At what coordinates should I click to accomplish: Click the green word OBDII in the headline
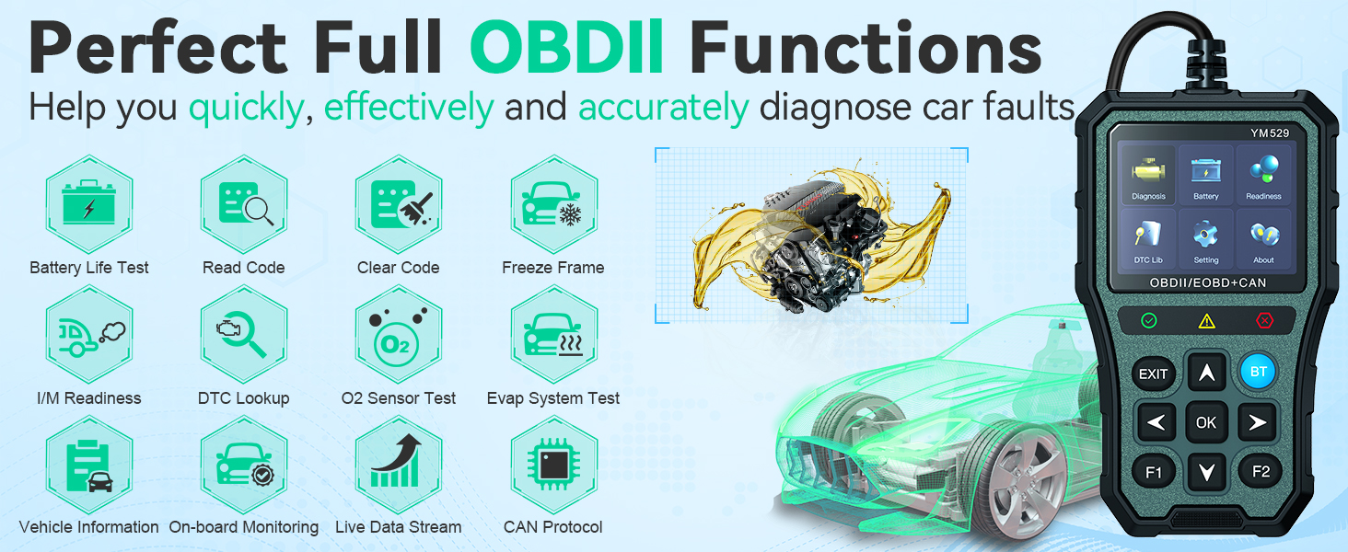tap(567, 47)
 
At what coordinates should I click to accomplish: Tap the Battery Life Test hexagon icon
tap(89, 204)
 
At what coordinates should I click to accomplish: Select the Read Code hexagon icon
tap(244, 204)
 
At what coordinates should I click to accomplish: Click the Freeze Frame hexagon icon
tap(553, 204)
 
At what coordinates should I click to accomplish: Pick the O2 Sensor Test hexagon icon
tap(399, 334)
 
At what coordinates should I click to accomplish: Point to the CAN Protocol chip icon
tap(553, 465)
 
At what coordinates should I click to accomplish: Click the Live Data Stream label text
tap(399, 527)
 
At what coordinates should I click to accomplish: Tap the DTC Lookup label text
tap(244, 398)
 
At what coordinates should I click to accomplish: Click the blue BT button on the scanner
tap(1259, 372)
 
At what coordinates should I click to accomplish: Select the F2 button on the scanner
tap(1261, 471)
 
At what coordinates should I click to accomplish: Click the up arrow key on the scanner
tap(1206, 373)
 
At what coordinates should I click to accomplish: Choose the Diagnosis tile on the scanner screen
tap(1148, 176)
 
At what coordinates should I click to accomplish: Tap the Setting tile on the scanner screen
tap(1206, 239)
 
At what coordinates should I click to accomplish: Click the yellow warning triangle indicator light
tap(1206, 322)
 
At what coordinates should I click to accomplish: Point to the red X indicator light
tap(1264, 320)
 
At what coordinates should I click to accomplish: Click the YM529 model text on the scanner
tap(1269, 132)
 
